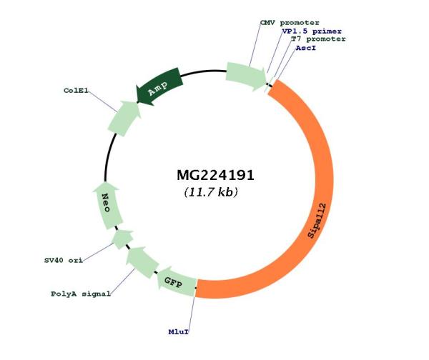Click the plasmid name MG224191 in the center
point(216,175)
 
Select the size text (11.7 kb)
point(211,192)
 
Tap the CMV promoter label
point(290,23)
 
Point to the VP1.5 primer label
point(312,31)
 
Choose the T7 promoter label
point(318,39)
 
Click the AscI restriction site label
point(305,48)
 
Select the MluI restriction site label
point(178,332)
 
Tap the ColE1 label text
point(76,91)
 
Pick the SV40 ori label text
point(64,260)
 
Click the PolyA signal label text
point(81,294)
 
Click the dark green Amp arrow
point(159,87)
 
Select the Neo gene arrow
point(107,206)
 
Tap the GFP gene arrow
point(176,281)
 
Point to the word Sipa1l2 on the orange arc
point(317,221)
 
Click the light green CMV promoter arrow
point(246,76)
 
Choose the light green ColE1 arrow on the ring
point(124,118)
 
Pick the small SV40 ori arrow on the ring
point(122,239)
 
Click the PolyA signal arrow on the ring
point(142,262)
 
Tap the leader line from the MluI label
point(192,313)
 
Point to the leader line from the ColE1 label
point(103,101)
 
